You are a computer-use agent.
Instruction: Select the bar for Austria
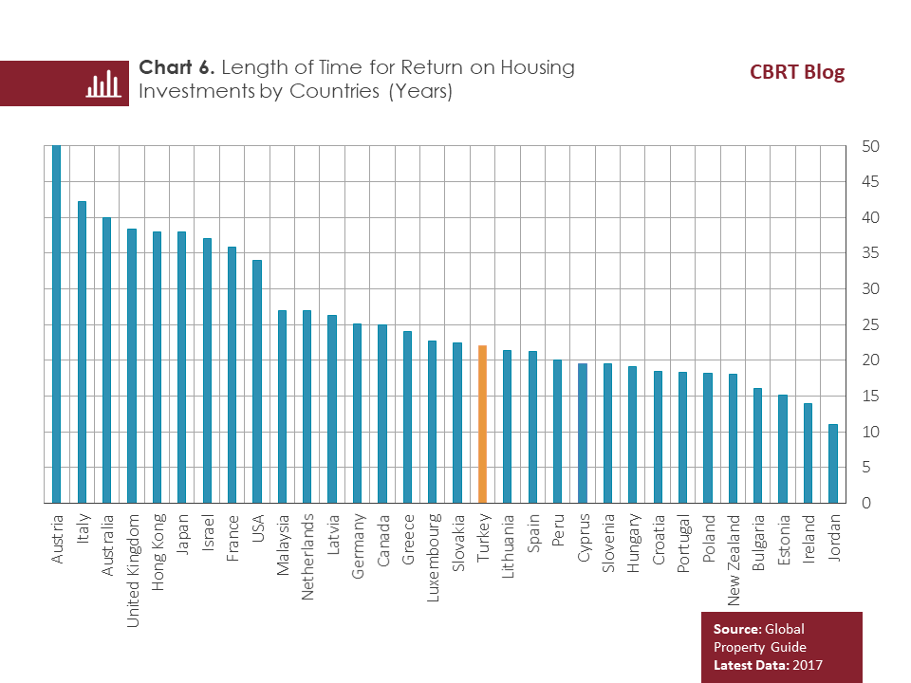click(57, 323)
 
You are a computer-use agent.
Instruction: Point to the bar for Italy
click(82, 352)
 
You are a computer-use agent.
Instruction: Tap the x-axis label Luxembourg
click(433, 559)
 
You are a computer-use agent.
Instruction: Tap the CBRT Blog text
click(796, 73)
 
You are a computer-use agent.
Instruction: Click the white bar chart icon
click(103, 84)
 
